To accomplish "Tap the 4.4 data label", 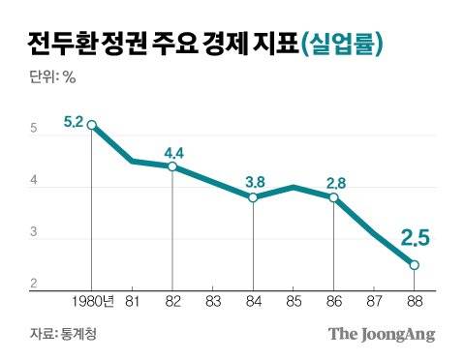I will tap(175, 152).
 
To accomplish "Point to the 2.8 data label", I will tap(336, 180).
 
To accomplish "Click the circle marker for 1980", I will tap(92, 125).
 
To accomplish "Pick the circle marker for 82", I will tap(172, 166).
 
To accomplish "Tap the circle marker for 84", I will tap(253, 197).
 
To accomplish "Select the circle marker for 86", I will tap(333, 197).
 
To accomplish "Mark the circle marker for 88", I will tap(414, 265).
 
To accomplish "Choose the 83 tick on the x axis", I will tap(212, 302).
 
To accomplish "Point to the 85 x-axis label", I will tap(293, 302).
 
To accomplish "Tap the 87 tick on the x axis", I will tap(373, 302).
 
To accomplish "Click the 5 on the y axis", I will tap(33, 130).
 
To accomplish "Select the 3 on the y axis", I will tap(33, 233).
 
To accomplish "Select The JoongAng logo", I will tap(381, 335).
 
